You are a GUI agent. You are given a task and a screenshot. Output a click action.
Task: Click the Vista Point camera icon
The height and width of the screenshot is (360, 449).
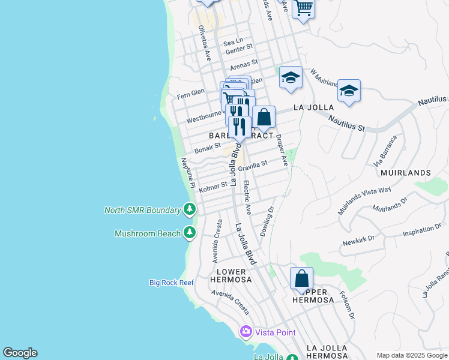[x=246, y=332]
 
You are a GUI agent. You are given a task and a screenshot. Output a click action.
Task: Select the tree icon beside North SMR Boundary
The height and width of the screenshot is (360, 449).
[x=190, y=209]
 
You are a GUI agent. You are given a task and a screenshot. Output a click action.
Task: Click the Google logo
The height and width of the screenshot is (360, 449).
[x=20, y=353]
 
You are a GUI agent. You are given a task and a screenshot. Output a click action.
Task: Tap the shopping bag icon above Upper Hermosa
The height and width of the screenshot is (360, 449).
[x=301, y=279]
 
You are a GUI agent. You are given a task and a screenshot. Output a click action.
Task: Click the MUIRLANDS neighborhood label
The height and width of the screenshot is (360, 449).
[x=405, y=173]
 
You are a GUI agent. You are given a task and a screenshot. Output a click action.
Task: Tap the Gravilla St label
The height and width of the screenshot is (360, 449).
[x=253, y=166]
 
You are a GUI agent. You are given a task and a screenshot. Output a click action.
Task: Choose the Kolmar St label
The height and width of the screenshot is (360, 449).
[x=213, y=187]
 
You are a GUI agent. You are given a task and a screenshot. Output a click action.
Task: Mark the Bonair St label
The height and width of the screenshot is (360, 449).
[x=208, y=148]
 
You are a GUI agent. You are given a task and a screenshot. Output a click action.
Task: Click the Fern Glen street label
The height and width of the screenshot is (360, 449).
[x=191, y=95]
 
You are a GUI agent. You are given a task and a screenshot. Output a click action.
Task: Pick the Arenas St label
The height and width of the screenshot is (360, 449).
[x=244, y=62]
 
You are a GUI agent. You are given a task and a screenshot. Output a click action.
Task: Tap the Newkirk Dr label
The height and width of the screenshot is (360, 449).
[x=358, y=239]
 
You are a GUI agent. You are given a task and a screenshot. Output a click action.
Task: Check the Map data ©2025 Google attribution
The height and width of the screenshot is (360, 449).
[x=412, y=355]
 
